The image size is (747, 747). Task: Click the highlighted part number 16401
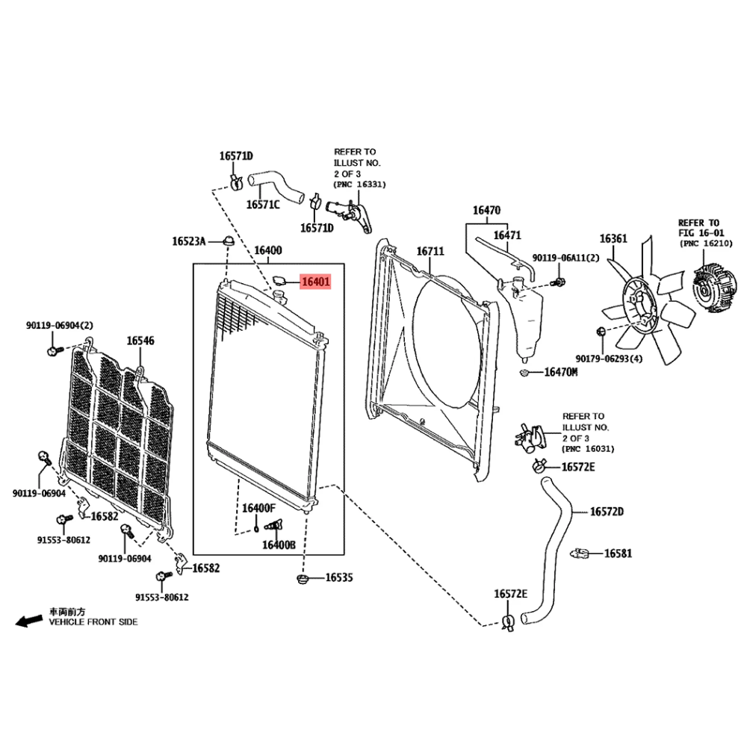pos(314,282)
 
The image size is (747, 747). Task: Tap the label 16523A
pos(188,241)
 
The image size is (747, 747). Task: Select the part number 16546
pos(140,341)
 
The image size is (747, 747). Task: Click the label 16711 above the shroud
pos(430,252)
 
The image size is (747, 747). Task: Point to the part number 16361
pos(613,239)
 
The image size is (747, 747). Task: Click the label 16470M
pos(560,371)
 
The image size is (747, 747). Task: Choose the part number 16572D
pos(607,512)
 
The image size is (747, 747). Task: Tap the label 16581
pos(618,554)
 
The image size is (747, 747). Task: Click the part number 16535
pos(338,577)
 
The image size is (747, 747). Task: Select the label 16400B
pos(279,545)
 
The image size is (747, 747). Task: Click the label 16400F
pos(258,508)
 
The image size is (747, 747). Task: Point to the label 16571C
pos(263,204)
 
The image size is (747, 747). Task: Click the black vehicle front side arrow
pos(29,620)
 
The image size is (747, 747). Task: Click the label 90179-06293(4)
pos(610,359)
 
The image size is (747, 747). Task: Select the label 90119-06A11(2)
pos(565,258)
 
